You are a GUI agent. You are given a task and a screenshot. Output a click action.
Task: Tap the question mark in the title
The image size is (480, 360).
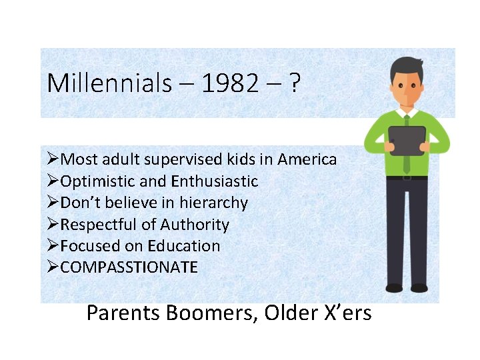(x=294, y=83)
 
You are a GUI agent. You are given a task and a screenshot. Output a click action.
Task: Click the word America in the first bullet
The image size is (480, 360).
(x=307, y=159)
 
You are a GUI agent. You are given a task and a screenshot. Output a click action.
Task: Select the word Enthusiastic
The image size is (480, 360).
(x=214, y=181)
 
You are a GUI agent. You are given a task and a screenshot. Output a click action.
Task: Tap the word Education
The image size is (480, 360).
(x=186, y=246)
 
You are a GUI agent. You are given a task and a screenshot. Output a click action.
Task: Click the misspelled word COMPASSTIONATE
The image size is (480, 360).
(x=129, y=267)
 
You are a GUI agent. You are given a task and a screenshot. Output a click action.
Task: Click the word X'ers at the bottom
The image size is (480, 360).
(x=345, y=312)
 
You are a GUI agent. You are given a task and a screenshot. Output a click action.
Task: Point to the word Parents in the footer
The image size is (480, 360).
(x=122, y=312)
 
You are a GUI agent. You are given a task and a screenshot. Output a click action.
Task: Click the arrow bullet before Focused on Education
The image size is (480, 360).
(x=53, y=246)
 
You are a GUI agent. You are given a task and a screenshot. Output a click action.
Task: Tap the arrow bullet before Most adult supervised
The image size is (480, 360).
(x=53, y=159)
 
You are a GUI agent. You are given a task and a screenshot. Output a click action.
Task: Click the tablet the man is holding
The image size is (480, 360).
(x=407, y=141)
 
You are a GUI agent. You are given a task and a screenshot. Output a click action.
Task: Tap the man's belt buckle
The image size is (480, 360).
(x=407, y=177)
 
